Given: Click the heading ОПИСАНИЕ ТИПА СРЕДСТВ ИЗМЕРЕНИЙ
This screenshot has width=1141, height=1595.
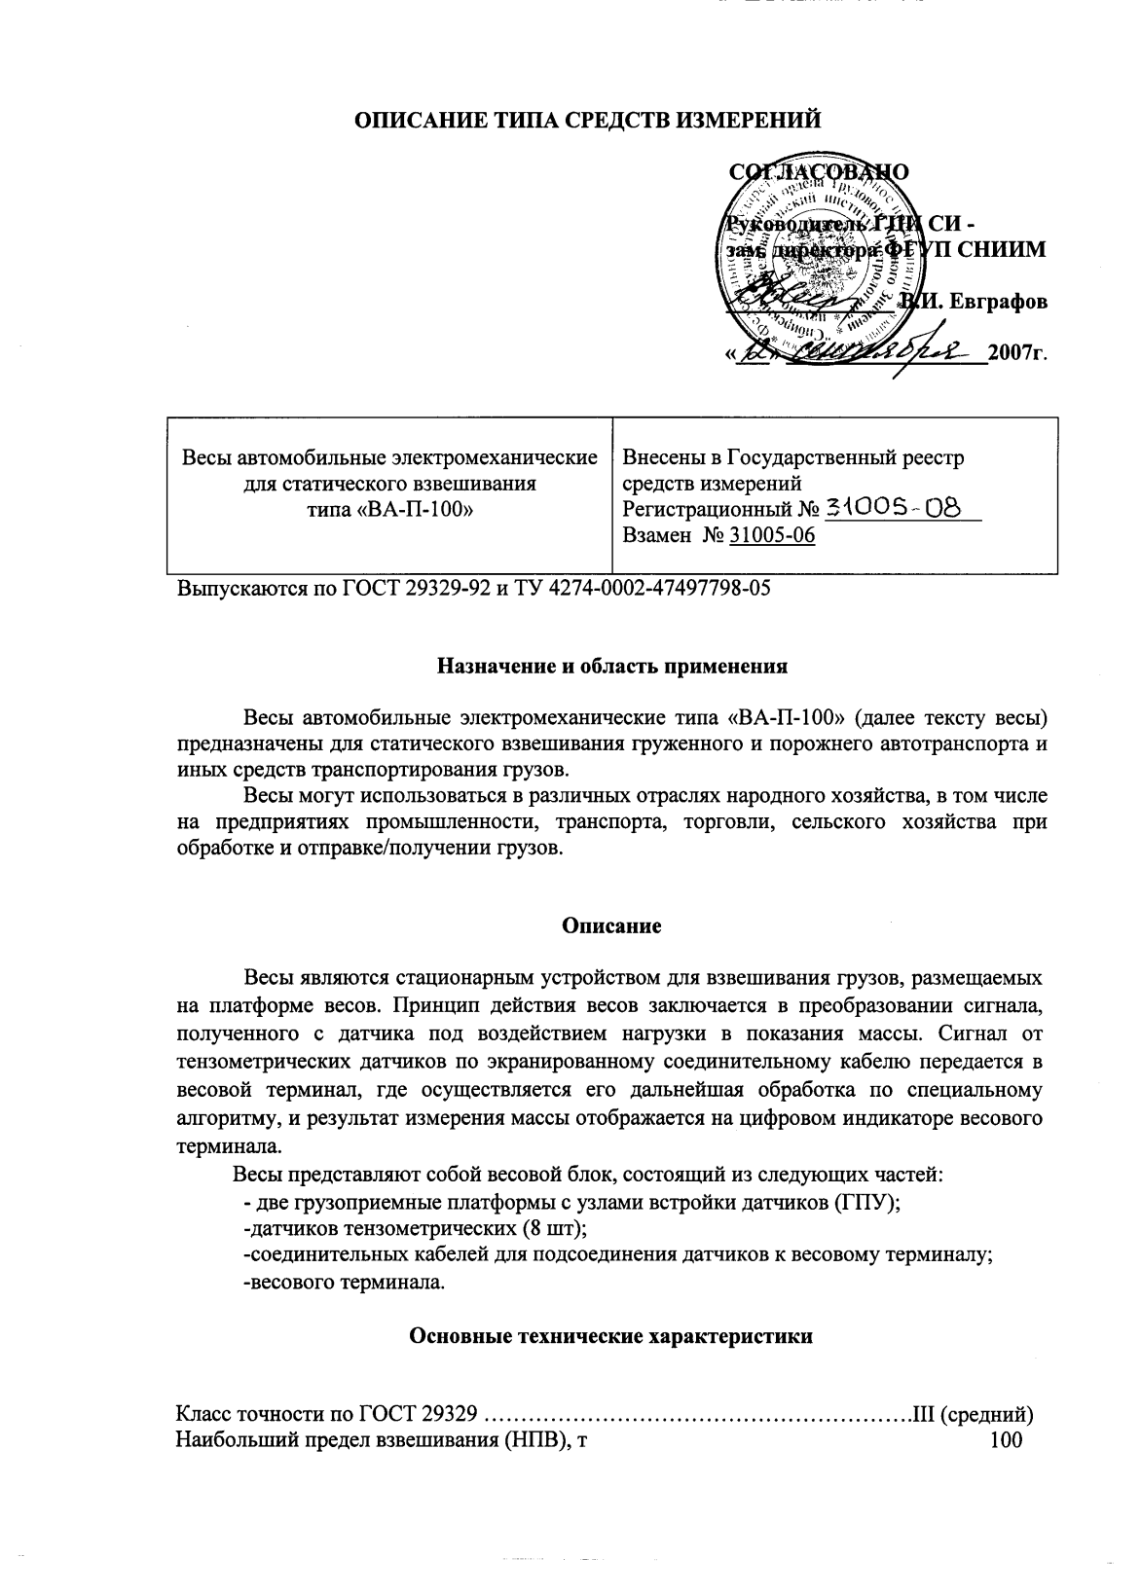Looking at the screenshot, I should point(587,120).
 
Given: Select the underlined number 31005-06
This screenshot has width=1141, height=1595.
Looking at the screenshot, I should point(772,535).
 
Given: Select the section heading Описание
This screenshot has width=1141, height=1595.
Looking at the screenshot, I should point(611,925).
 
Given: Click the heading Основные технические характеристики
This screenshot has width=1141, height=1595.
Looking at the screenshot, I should point(611,1336).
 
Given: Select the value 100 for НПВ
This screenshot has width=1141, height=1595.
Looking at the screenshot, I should point(1006,1439).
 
